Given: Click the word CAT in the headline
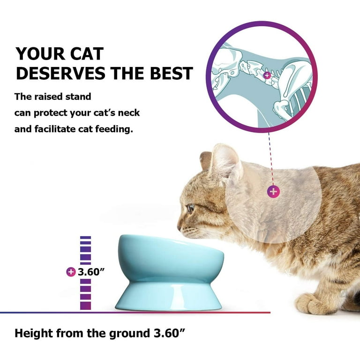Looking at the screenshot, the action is click(87, 54).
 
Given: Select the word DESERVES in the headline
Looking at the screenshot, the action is click(60, 73).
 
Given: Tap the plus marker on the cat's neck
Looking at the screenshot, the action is click(273, 191).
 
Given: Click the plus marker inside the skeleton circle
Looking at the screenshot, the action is click(267, 75).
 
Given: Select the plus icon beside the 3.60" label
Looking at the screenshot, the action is click(71, 272).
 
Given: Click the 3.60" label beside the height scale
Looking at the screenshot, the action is click(91, 272).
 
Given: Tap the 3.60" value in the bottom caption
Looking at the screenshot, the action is click(169, 333).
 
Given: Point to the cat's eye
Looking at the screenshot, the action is click(191, 208).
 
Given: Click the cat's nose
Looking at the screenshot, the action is click(180, 228).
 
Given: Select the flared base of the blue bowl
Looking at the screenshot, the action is click(169, 296).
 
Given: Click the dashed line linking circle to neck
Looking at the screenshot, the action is click(271, 159).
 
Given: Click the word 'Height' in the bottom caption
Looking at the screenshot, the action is click(34, 334).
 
